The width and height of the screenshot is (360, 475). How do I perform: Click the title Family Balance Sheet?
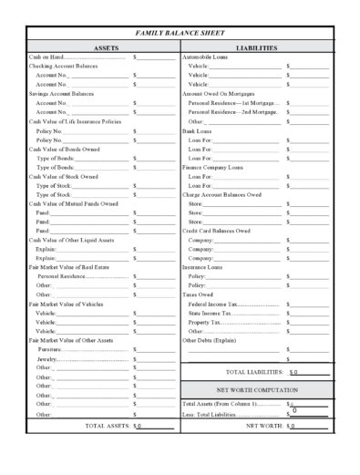[x=180, y=32]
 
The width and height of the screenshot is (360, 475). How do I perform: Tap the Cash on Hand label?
[x=45, y=57]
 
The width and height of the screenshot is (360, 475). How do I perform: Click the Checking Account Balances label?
[x=63, y=66]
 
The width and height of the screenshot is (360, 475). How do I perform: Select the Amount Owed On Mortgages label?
[x=219, y=93]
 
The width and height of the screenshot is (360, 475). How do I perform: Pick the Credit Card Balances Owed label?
[x=217, y=230]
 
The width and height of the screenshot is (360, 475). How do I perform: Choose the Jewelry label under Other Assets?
[x=47, y=357]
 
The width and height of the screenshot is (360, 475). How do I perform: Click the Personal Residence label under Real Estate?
[x=61, y=275]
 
